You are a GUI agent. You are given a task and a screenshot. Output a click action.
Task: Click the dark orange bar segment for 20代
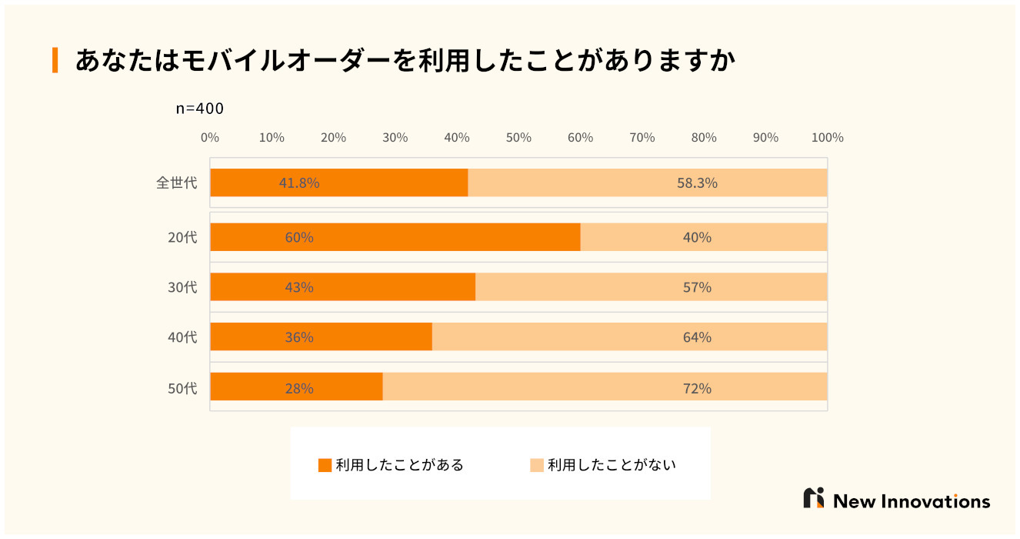coord(395,237)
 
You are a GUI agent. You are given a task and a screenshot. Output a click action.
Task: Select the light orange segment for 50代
coord(605,387)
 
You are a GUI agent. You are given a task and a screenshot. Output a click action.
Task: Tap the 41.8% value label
coord(299,183)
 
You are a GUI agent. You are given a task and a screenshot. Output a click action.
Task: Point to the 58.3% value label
coord(697,183)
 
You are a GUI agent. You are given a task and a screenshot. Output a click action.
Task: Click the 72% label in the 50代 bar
coord(697,388)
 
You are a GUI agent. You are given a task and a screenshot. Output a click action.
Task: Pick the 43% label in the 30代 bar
coord(299,287)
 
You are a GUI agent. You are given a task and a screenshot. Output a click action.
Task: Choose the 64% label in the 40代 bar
coord(697,337)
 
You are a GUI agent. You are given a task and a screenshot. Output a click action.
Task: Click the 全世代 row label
coord(176,183)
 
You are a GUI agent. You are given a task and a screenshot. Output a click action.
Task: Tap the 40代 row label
coord(182,337)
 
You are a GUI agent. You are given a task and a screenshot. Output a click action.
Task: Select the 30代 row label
coord(182,287)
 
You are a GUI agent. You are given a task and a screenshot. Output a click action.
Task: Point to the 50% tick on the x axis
coord(518,138)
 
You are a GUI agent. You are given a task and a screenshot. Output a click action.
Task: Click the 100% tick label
coord(828,138)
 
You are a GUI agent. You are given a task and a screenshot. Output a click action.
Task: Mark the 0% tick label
coord(210,138)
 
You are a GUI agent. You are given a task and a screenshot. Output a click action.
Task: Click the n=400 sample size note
coord(200,109)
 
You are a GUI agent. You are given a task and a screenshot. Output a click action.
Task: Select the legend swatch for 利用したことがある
coord(325,465)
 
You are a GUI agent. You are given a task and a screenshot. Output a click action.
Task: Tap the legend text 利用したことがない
coord(612,465)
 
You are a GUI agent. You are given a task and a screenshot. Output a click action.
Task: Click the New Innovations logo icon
coord(814,498)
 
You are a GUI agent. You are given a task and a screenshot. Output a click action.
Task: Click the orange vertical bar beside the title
coord(55,60)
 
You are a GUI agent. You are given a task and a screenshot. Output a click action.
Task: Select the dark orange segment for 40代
coord(321,337)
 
